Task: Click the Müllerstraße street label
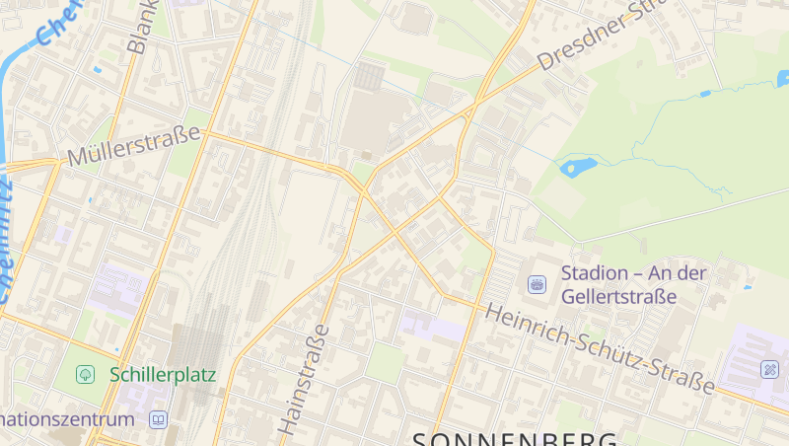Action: coord(135,146)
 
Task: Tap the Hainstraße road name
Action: coord(304,379)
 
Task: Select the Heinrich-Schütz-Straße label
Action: coord(601,350)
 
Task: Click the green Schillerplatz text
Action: coord(163,374)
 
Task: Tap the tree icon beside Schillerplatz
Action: coord(86,374)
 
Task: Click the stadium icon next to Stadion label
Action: coord(538,284)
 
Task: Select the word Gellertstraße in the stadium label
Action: coord(618,296)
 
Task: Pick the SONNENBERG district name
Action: coord(514,438)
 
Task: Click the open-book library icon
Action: coord(158,419)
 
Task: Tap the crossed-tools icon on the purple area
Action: coord(770,370)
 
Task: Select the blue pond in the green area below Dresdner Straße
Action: coord(573,167)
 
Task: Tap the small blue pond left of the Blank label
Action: coord(96,71)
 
